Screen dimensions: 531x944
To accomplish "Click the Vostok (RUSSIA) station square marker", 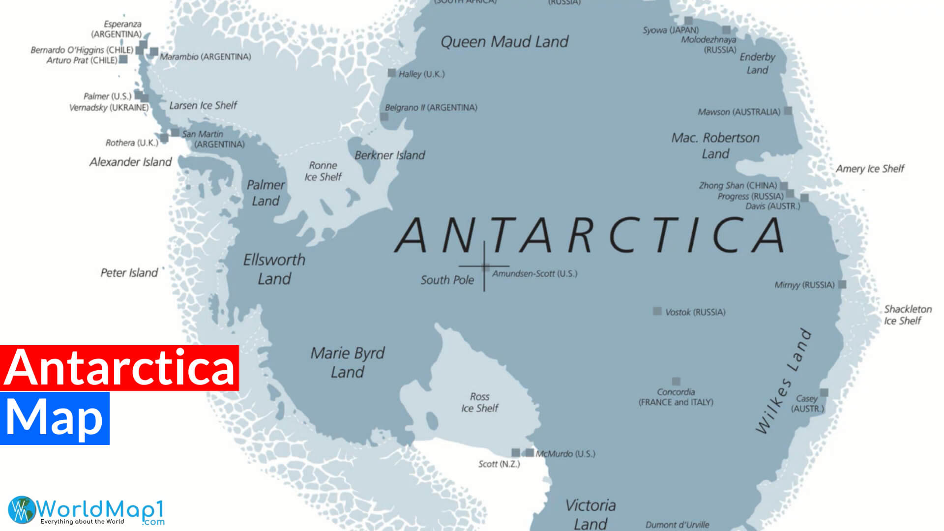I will pos(657,311).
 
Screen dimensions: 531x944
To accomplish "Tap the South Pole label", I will pos(447,280).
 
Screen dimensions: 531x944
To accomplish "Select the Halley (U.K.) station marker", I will pos(392,73).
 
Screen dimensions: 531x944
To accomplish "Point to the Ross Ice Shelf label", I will pos(479,402).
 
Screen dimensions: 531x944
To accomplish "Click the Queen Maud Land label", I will pos(504,42).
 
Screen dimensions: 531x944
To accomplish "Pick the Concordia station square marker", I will pos(676,382).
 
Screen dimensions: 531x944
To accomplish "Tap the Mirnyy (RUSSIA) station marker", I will pos(842,285).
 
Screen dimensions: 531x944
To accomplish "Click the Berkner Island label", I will pos(389,155).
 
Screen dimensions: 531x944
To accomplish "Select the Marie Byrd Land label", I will pos(347,362).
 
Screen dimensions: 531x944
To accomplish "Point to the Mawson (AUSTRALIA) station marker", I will pos(788,111).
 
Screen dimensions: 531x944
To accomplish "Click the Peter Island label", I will pos(129,273).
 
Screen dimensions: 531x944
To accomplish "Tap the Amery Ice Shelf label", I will pos(870,169).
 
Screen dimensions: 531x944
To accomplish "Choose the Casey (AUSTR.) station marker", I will pos(825,392).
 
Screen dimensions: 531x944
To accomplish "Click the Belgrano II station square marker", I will pos(384,117).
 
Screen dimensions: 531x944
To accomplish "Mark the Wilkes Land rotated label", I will pos(783,381).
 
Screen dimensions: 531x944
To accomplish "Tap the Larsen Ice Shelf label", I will pos(203,106).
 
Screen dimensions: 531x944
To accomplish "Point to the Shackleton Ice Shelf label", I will pos(907,315).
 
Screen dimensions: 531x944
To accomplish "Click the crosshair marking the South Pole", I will pos(484,266).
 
